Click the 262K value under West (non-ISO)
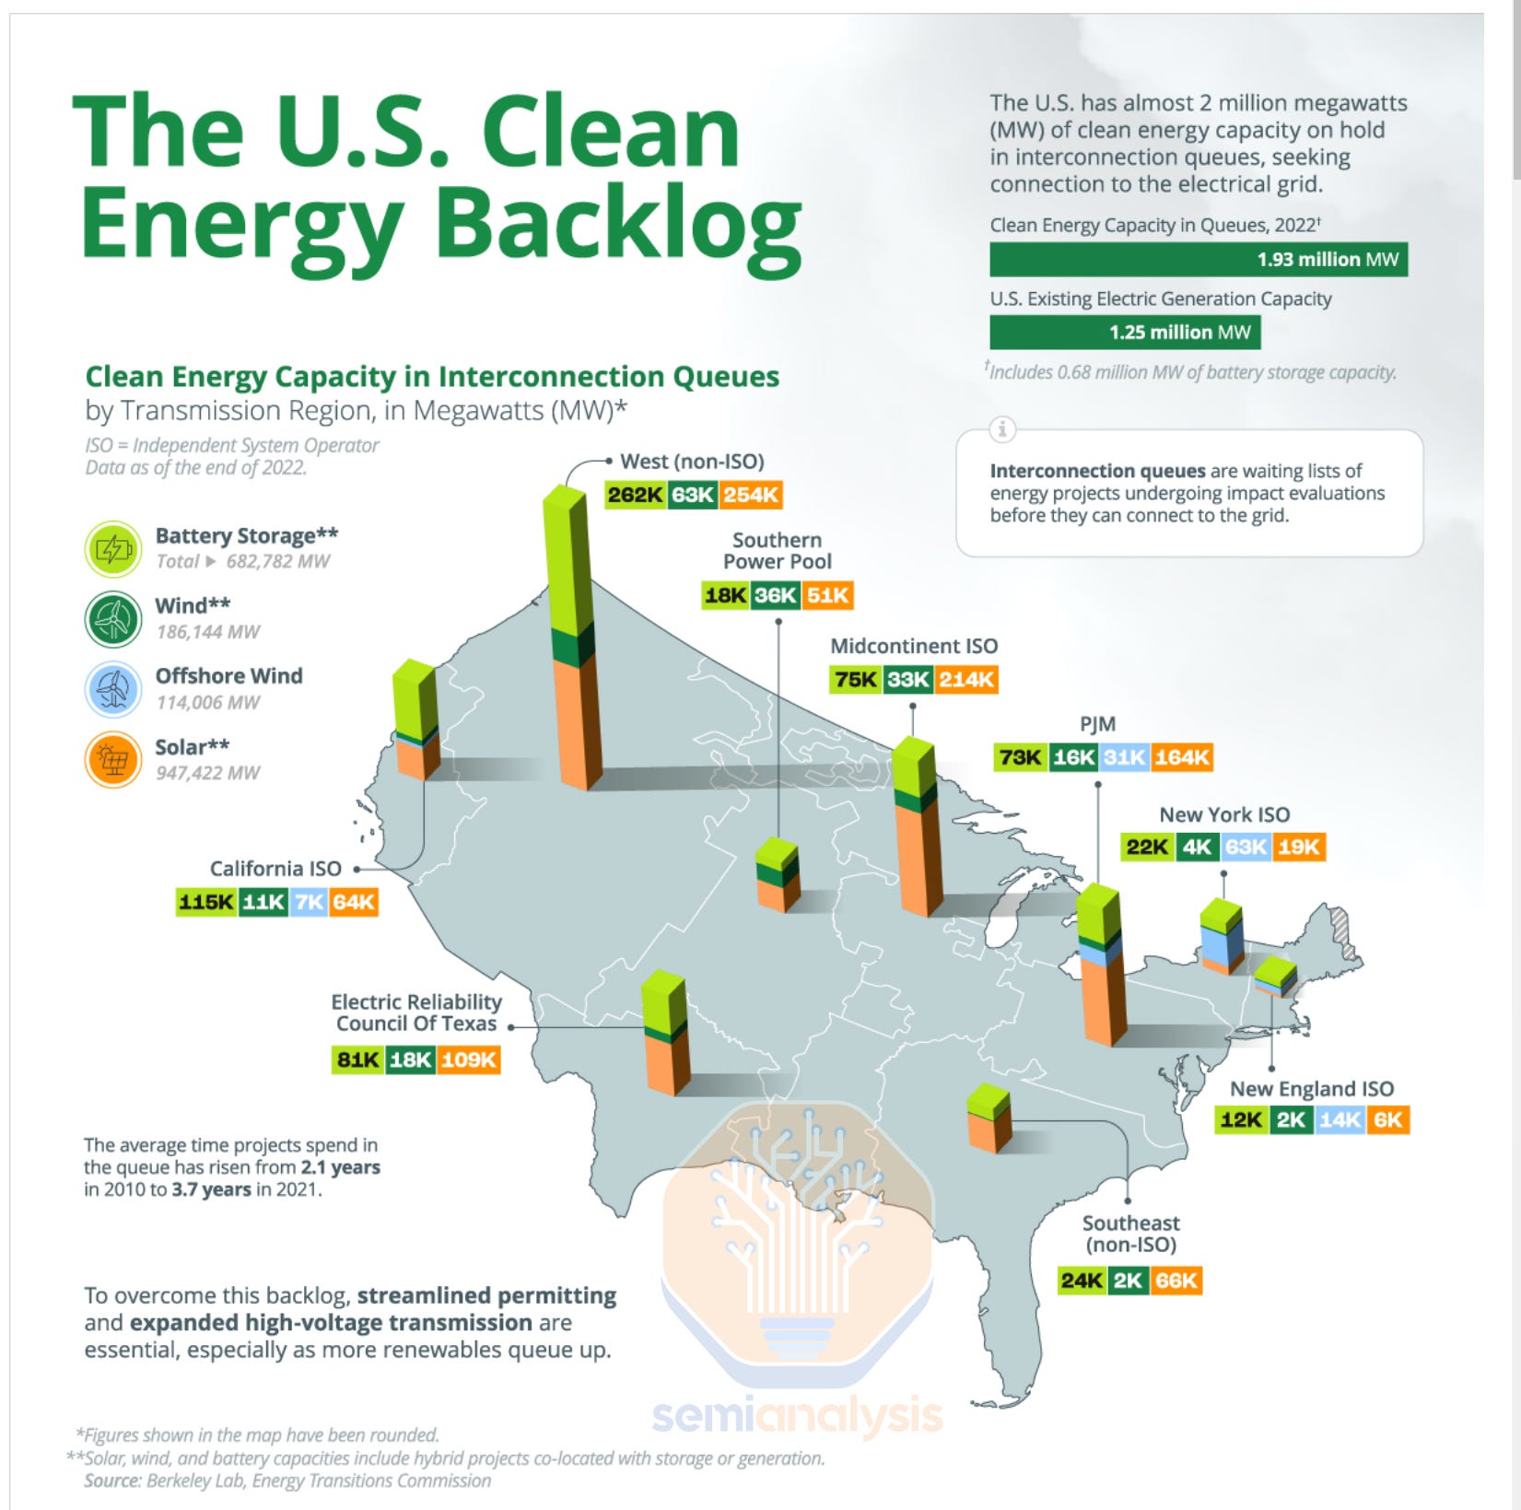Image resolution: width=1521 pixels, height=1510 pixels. click(635, 495)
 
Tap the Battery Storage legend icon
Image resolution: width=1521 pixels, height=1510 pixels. click(113, 549)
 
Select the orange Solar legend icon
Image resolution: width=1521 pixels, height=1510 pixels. click(113, 760)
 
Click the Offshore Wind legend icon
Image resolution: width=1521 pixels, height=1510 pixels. click(113, 689)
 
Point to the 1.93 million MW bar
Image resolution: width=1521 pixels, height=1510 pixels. click(1198, 260)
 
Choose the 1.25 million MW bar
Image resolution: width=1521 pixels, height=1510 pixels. click(1124, 333)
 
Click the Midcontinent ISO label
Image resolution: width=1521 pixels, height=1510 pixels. click(914, 646)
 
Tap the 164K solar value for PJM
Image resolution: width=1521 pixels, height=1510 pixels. click(1182, 757)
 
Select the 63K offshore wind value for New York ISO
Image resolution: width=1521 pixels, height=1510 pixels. click(1246, 847)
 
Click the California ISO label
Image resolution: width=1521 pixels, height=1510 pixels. click(275, 869)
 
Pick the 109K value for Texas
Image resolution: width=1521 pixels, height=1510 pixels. click(468, 1059)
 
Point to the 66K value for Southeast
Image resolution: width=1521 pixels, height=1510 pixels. click(1176, 1281)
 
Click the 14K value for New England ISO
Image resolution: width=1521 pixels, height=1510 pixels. click(1339, 1119)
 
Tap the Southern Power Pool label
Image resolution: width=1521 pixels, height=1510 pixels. click(777, 551)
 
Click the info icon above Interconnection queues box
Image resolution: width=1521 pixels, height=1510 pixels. click(1001, 429)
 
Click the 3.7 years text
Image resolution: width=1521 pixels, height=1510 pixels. click(211, 1189)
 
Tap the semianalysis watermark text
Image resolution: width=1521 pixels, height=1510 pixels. click(797, 1416)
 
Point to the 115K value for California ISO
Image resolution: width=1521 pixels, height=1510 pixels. click(206, 902)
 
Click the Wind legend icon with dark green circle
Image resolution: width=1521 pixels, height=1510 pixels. click(113, 619)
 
